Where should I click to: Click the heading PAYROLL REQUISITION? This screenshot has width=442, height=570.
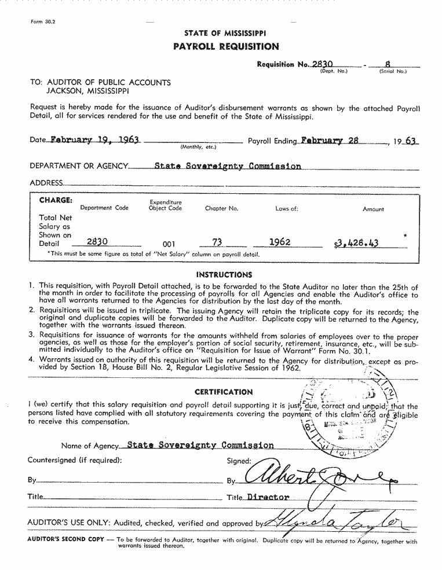tap(225, 46)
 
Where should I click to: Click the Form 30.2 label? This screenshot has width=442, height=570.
tap(39, 21)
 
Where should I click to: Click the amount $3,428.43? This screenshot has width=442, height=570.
tap(356, 243)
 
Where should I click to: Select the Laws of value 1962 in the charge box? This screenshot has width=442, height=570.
tap(280, 242)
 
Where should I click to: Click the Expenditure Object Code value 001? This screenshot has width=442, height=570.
tap(165, 244)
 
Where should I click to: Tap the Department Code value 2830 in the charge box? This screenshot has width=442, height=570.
tap(97, 242)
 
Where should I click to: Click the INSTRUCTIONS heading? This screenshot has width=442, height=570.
tap(224, 275)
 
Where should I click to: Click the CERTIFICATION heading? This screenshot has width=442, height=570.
tap(224, 392)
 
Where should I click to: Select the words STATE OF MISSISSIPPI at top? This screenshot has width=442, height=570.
tap(225, 34)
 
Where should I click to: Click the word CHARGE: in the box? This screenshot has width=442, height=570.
tap(56, 200)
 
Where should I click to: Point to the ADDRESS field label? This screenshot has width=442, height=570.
tap(46, 183)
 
